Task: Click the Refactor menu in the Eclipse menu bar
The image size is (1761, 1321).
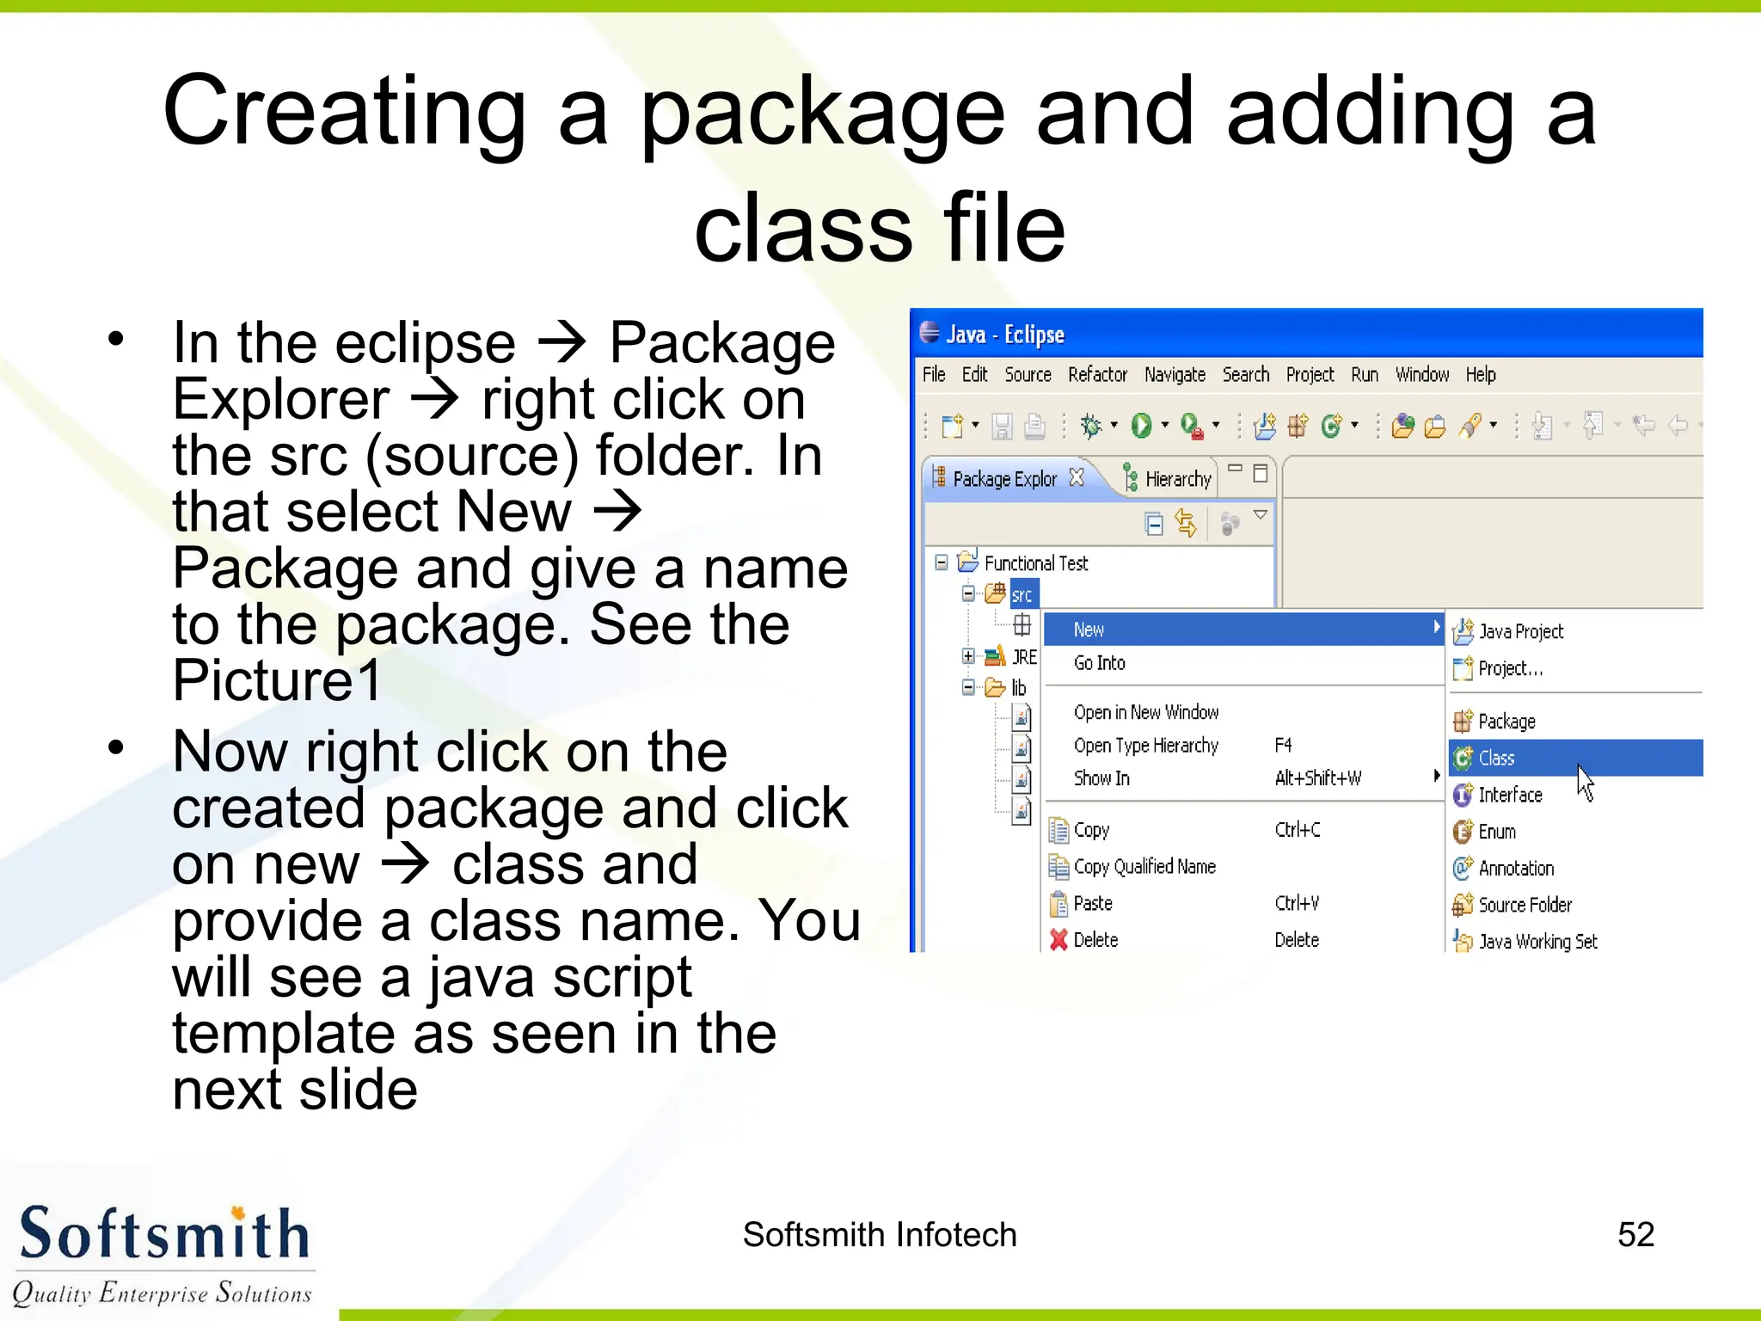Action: tap(1097, 375)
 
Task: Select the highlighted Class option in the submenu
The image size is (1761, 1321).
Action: tap(1496, 758)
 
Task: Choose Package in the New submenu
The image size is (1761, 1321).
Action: tap(1506, 721)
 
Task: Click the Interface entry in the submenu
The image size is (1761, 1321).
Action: tap(1510, 795)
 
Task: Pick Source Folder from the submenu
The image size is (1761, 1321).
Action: tap(1525, 905)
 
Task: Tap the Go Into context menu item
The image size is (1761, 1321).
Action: tap(1099, 663)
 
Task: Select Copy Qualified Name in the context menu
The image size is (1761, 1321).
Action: tap(1144, 867)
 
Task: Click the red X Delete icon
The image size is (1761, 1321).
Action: tap(1058, 940)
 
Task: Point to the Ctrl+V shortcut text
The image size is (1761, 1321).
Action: tap(1297, 903)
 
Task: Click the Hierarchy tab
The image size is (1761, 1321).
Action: tap(1177, 479)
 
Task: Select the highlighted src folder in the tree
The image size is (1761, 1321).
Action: tap(1022, 595)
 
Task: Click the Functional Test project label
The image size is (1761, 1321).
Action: tap(1036, 563)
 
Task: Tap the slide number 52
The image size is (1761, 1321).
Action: tap(1635, 1235)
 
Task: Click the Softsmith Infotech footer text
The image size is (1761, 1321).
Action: tap(880, 1235)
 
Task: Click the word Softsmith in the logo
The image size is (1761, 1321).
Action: tap(163, 1235)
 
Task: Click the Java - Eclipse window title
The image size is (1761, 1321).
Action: tap(1004, 335)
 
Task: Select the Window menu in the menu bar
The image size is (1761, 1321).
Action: tap(1421, 375)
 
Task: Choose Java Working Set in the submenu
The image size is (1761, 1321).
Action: tap(1537, 942)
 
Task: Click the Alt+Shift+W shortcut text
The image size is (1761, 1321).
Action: tap(1317, 778)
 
